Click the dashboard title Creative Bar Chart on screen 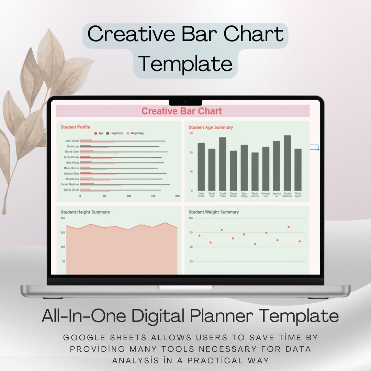pos(182,111)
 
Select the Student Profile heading pos(75,127)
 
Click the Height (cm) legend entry pos(116,133)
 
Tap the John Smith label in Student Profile pos(72,141)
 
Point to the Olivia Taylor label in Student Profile pos(71,190)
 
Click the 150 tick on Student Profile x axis pos(153,196)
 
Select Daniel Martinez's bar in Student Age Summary pos(287,163)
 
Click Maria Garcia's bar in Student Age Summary pos(255,171)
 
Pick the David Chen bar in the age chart pos(223,164)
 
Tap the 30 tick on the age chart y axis pos(191,133)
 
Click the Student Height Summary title pos(86,212)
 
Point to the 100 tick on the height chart pos(63,247)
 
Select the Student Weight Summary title pos(213,212)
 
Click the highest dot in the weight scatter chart pos(288,227)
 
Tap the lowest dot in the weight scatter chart pos(255,244)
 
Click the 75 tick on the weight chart pos(191,233)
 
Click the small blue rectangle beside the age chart pos(314,147)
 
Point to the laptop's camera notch pos(185,102)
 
